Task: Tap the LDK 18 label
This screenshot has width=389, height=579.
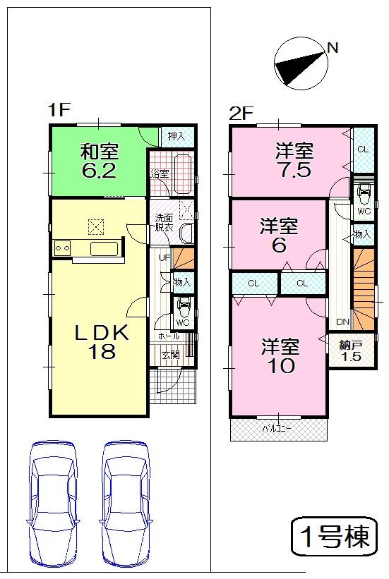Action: pos(102,342)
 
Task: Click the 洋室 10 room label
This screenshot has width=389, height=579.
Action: pos(280,357)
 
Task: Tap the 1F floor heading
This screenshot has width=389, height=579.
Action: pos(58,111)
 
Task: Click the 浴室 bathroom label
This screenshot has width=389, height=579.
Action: pos(159,173)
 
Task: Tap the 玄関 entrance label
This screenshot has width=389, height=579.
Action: pos(171,355)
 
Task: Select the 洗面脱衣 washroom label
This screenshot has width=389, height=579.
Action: pos(164,223)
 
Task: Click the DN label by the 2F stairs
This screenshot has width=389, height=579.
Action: pos(342,322)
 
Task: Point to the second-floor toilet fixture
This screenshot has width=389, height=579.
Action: pos(363,192)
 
